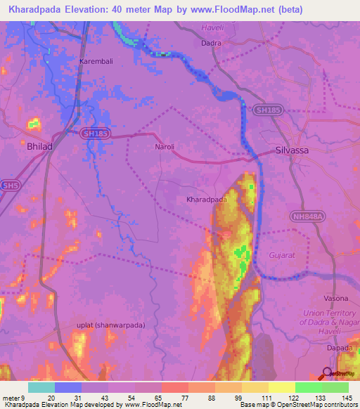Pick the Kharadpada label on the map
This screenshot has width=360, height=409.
coord(206,200)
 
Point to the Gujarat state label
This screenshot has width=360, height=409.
coord(283,257)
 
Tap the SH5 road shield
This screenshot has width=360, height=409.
coord(10,186)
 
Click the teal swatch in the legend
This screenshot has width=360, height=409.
coord(41,387)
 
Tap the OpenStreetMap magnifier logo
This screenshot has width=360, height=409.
coord(327,373)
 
